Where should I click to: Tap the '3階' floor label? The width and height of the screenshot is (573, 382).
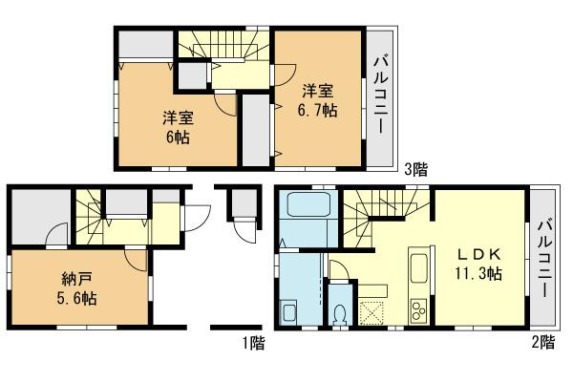tap(415, 171)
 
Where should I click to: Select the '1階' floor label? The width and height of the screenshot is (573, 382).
tap(252, 340)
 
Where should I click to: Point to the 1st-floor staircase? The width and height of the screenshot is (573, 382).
tap(88, 214)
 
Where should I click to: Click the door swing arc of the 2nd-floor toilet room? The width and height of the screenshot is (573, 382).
tap(337, 269)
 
